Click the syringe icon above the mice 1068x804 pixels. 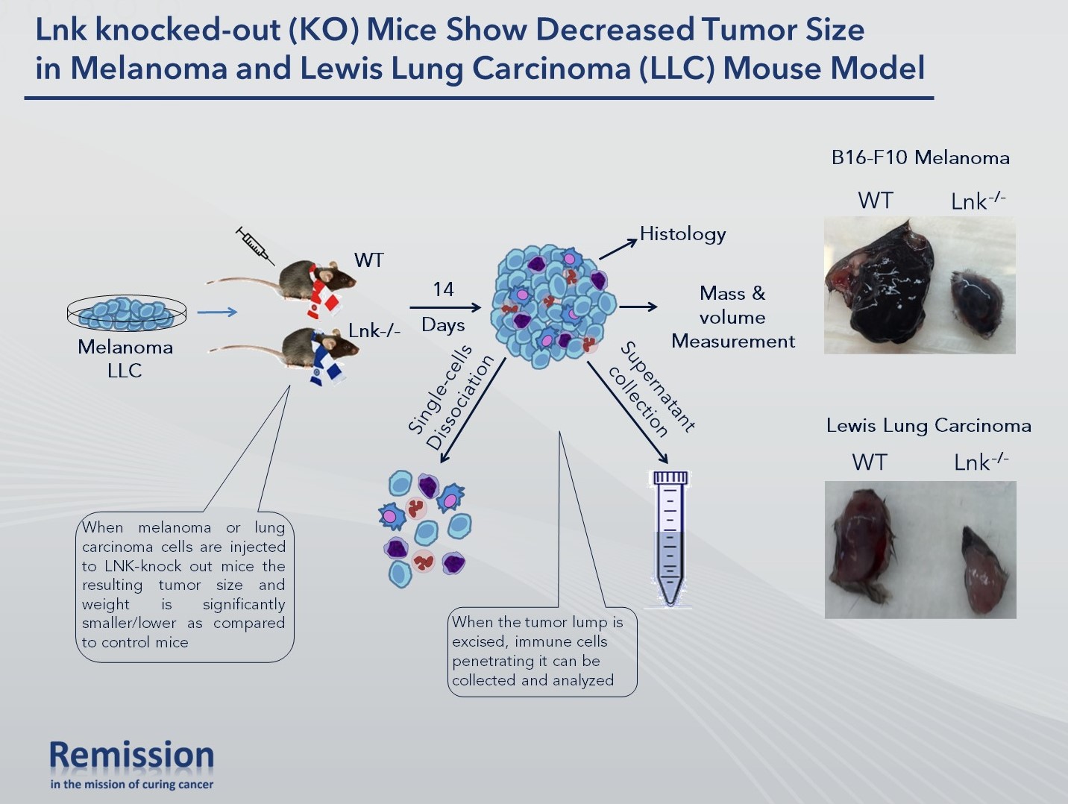point(254,245)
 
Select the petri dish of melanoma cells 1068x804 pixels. point(127,313)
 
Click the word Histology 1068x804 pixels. point(682,234)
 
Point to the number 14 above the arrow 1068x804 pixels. point(443,289)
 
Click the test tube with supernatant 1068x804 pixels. point(670,537)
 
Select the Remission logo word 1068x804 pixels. point(132,756)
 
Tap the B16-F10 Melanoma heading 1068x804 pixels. point(920,158)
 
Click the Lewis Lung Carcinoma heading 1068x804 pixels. point(929,426)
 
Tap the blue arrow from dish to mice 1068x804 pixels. point(217,313)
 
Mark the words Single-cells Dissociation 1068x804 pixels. point(450,397)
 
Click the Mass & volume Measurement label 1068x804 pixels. point(732,317)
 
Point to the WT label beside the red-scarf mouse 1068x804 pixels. point(369,260)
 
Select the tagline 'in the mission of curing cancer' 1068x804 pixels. point(132,785)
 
